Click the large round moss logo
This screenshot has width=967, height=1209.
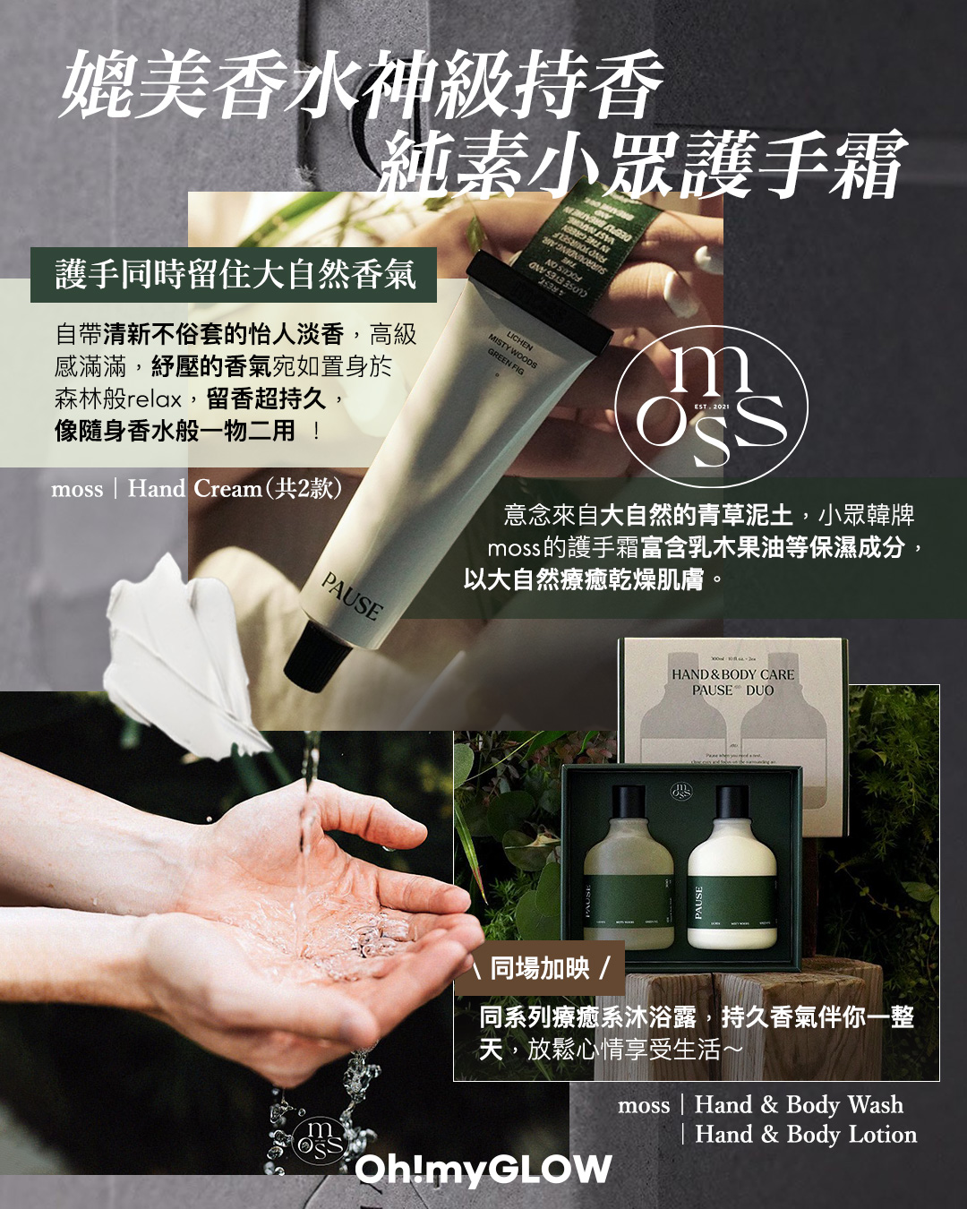pyautogui.click(x=713, y=405)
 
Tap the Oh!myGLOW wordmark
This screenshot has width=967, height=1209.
pyautogui.click(x=483, y=1169)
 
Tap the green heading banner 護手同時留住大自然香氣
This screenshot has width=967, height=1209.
pyautogui.click(x=235, y=274)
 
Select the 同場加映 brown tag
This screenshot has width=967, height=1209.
pyautogui.click(x=540, y=968)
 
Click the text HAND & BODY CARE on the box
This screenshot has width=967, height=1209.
pyautogui.click(x=732, y=674)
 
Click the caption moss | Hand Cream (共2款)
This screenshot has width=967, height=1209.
pyautogui.click(x=197, y=489)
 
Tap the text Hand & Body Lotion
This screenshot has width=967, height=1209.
pyautogui.click(x=806, y=1135)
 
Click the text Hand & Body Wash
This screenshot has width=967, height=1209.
pyautogui.click(x=799, y=1105)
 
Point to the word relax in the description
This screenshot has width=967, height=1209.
pyautogui.click(x=155, y=399)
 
